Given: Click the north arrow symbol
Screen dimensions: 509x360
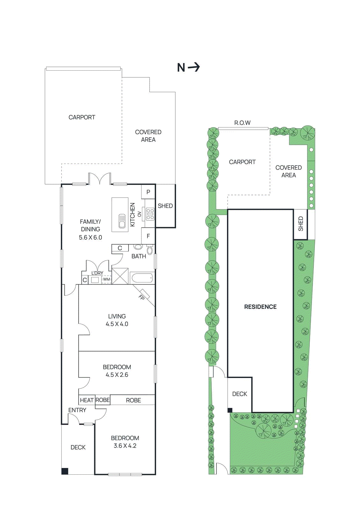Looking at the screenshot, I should [x=193, y=67].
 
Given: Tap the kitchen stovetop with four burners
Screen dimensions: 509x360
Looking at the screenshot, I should [x=150, y=214].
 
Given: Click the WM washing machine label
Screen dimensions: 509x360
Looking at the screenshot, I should [x=106, y=279].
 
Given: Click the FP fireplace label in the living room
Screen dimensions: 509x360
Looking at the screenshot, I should [x=142, y=297].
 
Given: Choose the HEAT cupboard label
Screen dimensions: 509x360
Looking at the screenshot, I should [x=87, y=400].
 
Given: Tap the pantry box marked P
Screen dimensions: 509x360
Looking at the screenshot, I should [x=148, y=192].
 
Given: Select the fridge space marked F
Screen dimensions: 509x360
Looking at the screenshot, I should [x=148, y=236].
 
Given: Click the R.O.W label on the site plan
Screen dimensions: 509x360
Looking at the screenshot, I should [x=242, y=122].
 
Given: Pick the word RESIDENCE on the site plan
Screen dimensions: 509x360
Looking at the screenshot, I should [x=260, y=307].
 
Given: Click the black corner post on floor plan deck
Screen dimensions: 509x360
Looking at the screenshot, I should [x=65, y=471].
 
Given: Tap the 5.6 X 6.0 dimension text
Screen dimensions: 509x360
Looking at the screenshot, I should [x=90, y=237].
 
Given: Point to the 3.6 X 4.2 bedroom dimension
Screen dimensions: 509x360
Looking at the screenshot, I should [x=125, y=446].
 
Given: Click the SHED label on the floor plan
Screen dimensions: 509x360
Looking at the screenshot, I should [x=165, y=206].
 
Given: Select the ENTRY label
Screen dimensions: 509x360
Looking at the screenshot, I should [x=77, y=410].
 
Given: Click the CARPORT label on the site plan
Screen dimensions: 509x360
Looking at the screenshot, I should [x=242, y=162].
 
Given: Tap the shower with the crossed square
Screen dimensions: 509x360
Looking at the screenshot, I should [x=120, y=276].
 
